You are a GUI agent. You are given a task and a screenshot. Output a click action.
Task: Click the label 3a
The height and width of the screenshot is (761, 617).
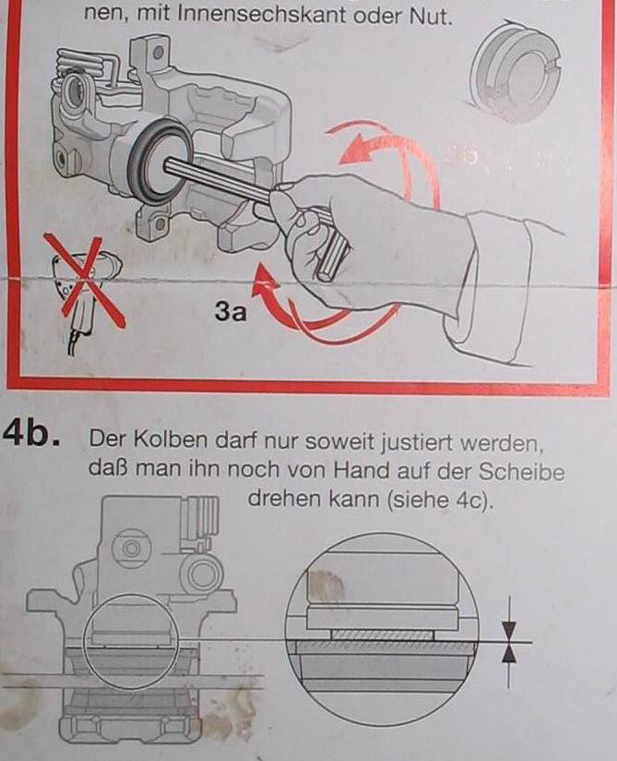[x=231, y=311]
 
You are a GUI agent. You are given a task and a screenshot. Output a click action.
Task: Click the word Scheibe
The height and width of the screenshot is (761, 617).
[x=521, y=472]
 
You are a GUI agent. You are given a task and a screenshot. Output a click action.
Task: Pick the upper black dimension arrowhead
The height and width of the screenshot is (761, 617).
[x=509, y=631]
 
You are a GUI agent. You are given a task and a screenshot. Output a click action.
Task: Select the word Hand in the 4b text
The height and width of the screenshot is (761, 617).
[x=363, y=470]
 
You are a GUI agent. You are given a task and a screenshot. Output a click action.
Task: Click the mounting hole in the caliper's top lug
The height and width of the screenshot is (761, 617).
[x=158, y=53]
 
